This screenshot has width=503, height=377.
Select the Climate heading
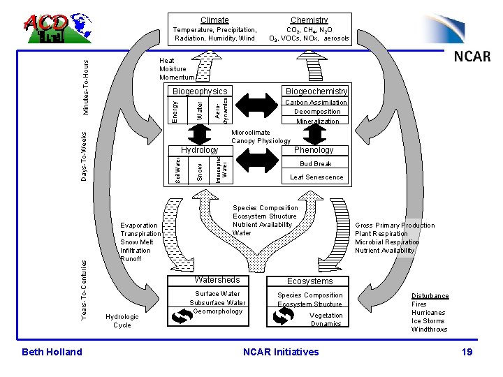click(x=214, y=20)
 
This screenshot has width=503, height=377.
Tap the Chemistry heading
click(x=309, y=20)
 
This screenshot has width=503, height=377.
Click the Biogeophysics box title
click(x=200, y=91)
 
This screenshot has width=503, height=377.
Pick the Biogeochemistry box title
click(x=316, y=91)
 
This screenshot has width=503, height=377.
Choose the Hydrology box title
click(x=200, y=150)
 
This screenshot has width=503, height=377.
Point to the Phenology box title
click(x=314, y=150)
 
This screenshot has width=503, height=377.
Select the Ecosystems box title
click(x=310, y=281)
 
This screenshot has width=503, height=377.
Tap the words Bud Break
click(x=316, y=164)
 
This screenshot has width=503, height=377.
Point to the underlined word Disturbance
click(x=430, y=296)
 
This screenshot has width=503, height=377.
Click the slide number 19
click(x=467, y=352)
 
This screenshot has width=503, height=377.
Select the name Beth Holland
click(x=52, y=352)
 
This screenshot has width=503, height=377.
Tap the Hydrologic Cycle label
click(x=122, y=320)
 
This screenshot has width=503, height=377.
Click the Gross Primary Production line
click(x=395, y=226)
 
